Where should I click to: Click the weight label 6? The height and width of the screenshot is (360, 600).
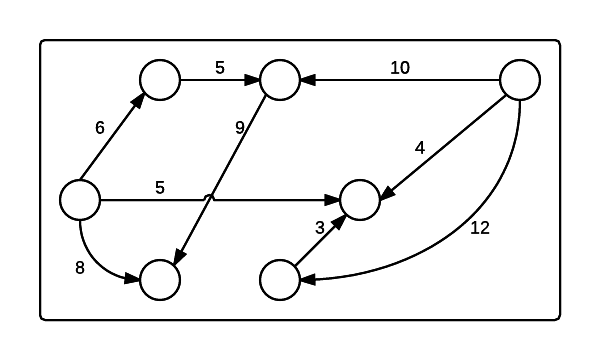coord(99,127)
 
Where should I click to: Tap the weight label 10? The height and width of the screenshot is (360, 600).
coord(400,68)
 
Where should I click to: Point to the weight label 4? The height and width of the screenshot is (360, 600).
coord(420,148)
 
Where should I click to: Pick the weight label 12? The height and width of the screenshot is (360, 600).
coord(479,227)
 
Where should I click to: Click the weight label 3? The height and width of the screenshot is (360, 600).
coord(320,227)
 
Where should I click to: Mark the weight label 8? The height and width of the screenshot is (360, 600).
coord(80,267)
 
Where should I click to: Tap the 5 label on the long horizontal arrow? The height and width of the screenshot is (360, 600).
coord(160,187)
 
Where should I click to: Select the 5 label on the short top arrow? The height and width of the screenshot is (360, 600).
coord(220,68)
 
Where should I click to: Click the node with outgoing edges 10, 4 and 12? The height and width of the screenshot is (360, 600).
coord(520,80)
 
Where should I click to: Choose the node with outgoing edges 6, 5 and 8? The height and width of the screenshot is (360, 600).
coord(80,200)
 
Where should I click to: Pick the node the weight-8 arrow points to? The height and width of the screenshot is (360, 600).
coord(160,280)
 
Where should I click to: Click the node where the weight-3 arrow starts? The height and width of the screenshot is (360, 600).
coord(280,280)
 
